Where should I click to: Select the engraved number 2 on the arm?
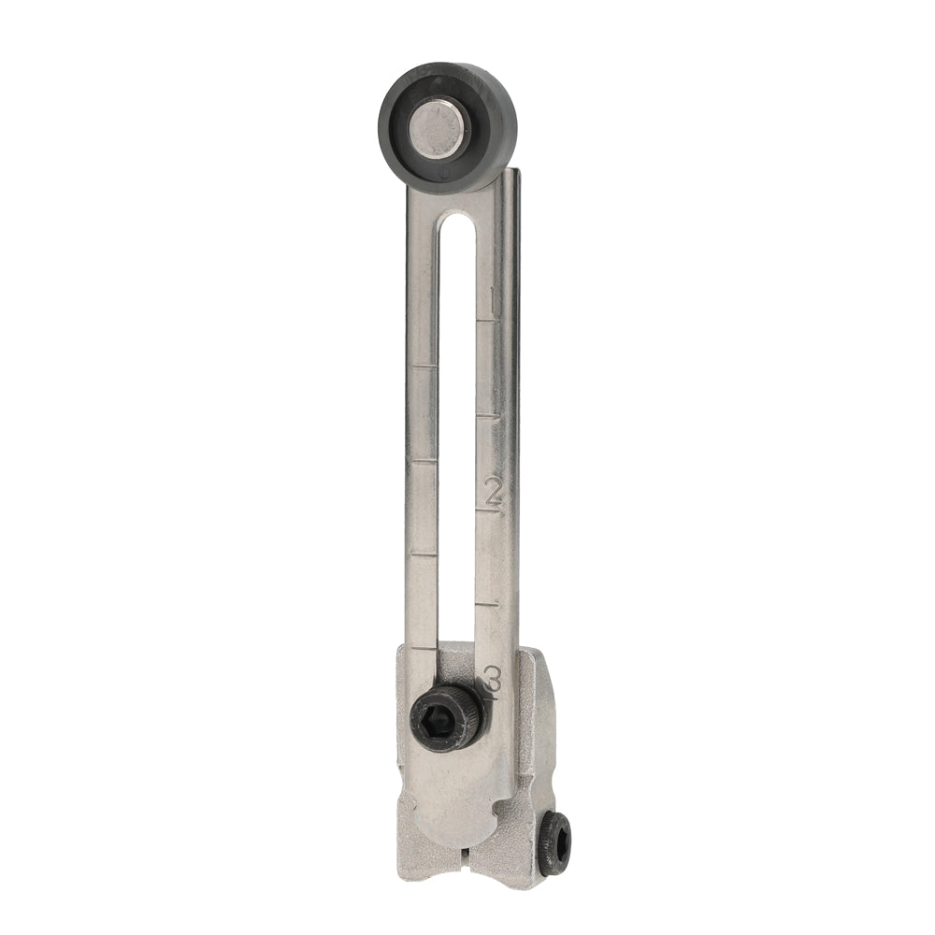pyautogui.click(x=493, y=491)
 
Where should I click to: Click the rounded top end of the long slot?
pyautogui.click(x=457, y=221)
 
